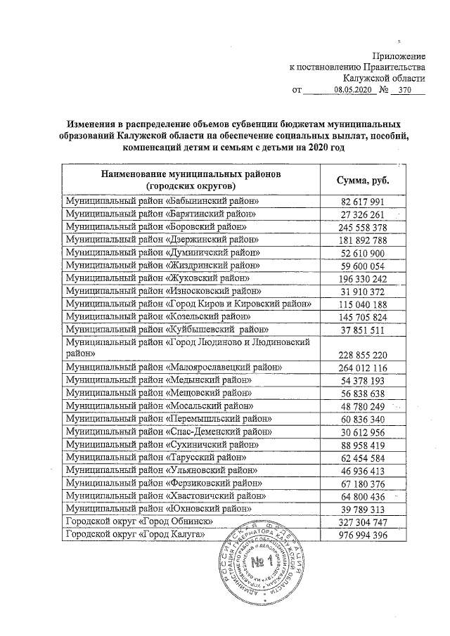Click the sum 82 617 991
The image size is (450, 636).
tap(360, 202)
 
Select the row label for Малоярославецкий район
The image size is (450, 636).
tap(173, 368)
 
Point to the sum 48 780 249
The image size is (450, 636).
tap(360, 406)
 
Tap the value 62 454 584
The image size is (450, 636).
tap(360, 457)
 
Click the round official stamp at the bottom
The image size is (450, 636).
tap(266, 562)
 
